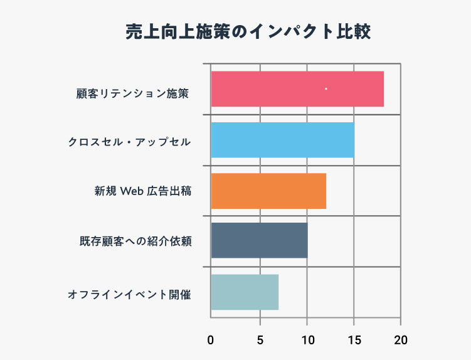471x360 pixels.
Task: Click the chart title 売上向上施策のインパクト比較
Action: tap(248, 33)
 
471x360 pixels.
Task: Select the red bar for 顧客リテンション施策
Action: tap(297, 89)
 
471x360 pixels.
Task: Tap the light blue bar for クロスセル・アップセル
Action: tap(282, 140)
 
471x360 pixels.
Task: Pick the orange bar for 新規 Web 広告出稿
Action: tap(268, 191)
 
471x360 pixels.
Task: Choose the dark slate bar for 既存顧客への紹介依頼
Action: tap(259, 241)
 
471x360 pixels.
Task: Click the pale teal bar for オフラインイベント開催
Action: tap(245, 292)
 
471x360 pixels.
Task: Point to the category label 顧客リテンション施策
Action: tap(132, 94)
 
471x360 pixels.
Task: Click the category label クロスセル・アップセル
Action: tap(129, 142)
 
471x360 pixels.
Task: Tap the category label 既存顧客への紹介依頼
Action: tap(135, 241)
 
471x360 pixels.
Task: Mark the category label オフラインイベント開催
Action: tap(129, 294)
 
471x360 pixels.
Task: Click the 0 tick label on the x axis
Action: tap(211, 341)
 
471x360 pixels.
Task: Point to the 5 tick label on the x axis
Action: tap(259, 341)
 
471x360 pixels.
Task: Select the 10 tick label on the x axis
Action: tap(307, 341)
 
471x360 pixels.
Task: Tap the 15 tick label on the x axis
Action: tap(354, 341)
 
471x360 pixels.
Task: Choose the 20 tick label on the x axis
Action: tap(401, 341)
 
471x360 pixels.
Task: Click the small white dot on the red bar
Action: tap(326, 89)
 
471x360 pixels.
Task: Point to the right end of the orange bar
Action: tap(325, 191)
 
